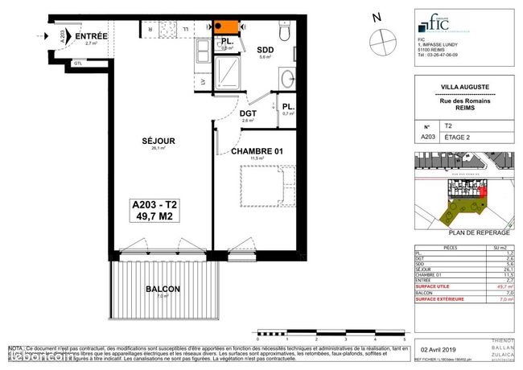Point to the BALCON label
tap(163, 289)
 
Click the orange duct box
tap(226, 29)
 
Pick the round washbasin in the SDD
tap(287, 79)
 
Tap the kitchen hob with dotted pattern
tap(171, 30)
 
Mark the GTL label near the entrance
tap(77, 64)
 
